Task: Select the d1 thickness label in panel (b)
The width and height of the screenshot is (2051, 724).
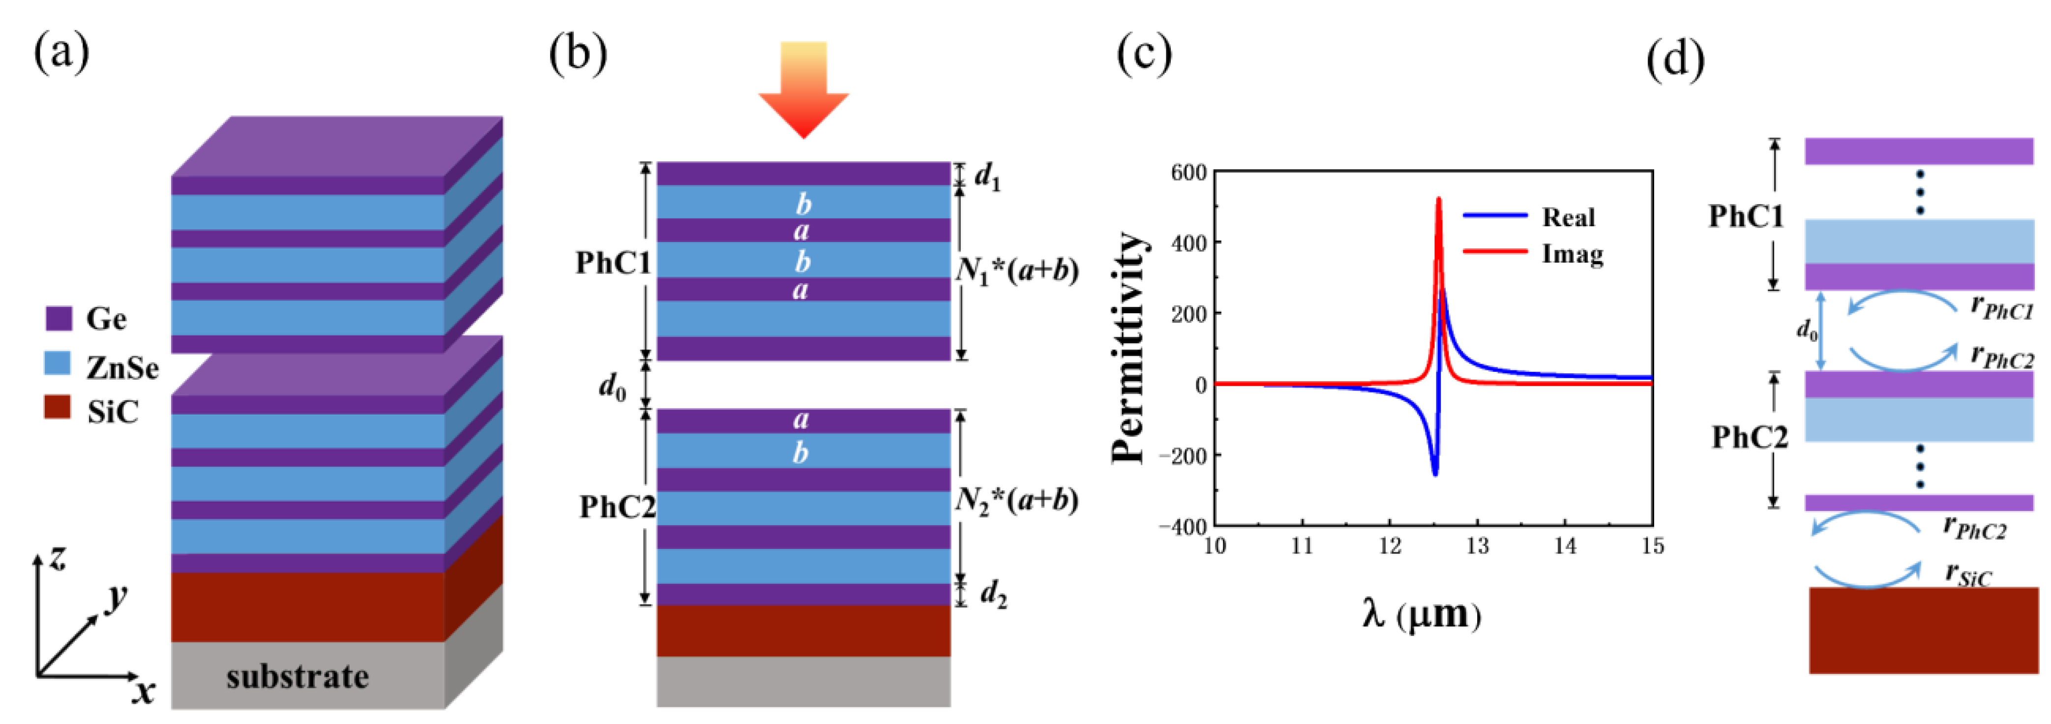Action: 987,177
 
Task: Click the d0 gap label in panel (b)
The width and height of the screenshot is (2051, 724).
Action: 612,387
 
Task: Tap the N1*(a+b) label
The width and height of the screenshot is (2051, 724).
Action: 1017,271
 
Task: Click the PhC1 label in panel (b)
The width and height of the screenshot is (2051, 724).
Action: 613,263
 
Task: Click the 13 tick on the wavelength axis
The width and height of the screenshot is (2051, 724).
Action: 1477,546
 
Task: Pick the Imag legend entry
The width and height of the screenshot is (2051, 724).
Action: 1572,254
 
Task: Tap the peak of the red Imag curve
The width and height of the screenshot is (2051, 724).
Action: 1438,199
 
